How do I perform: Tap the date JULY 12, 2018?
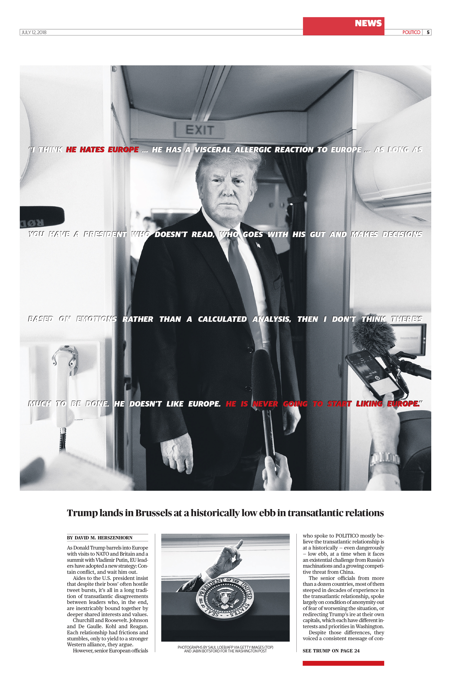34,32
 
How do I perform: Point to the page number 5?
428,32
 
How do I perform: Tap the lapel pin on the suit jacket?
258,245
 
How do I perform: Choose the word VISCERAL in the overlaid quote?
212,150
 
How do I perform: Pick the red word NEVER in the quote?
265,404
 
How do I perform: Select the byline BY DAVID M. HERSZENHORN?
100,538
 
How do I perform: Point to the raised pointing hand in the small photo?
231,556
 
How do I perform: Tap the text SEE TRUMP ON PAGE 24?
331,651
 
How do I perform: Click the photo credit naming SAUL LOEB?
225,647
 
